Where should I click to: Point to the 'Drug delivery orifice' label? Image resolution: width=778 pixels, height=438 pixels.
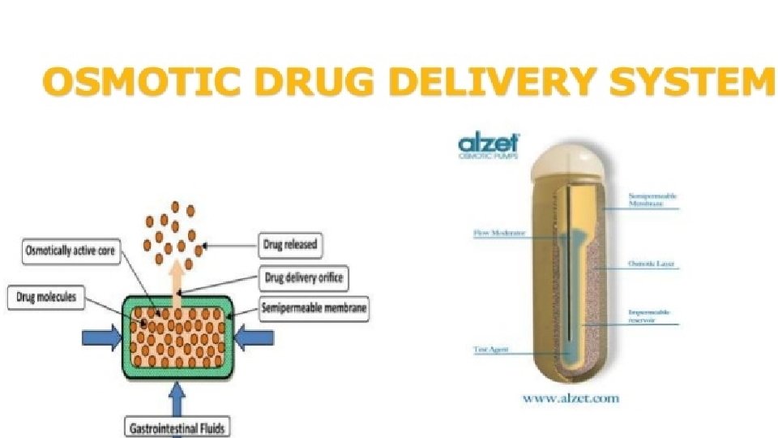pyautogui.click(x=303, y=278)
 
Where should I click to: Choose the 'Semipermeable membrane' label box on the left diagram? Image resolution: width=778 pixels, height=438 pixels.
pyautogui.click(x=314, y=307)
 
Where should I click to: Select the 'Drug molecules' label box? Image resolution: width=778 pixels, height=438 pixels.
pyautogui.click(x=46, y=298)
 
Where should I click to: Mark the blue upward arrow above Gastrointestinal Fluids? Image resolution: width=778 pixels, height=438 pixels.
pyautogui.click(x=177, y=398)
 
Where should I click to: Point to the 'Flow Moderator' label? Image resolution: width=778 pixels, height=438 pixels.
pyautogui.click(x=499, y=233)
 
